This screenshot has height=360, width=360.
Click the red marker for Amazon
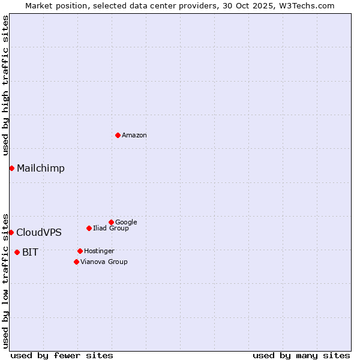pyautogui.click(x=118, y=135)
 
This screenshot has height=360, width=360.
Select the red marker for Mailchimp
pyautogui.click(x=11, y=168)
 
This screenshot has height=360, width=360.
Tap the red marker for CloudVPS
pyautogui.click(x=11, y=232)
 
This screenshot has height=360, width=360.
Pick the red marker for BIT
pyautogui.click(x=17, y=252)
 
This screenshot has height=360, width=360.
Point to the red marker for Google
pyautogui.click(x=111, y=222)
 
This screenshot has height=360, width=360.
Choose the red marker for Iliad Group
pyautogui.click(x=89, y=228)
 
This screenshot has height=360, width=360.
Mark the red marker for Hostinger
pyautogui.click(x=80, y=251)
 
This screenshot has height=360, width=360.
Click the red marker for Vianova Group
pyautogui.click(x=76, y=262)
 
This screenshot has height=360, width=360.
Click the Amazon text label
pyautogui.click(x=134, y=136)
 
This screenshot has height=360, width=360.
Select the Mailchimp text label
pyautogui.click(x=41, y=169)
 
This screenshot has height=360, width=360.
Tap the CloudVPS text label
pyautogui.click(x=39, y=233)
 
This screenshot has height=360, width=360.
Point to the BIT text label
pyautogui.click(x=30, y=253)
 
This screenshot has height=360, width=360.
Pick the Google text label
pyautogui.click(x=126, y=223)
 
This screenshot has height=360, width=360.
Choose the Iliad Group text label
pyautogui.click(x=111, y=229)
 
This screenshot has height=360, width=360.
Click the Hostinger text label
pyautogui.click(x=99, y=251)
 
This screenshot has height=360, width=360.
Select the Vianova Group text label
pyautogui.click(x=104, y=262)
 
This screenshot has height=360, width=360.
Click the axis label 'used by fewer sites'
pyautogui.click(x=62, y=355)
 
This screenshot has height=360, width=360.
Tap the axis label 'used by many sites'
pyautogui.click(x=301, y=355)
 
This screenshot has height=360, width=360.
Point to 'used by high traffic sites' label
pyautogui.click(x=6, y=85)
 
